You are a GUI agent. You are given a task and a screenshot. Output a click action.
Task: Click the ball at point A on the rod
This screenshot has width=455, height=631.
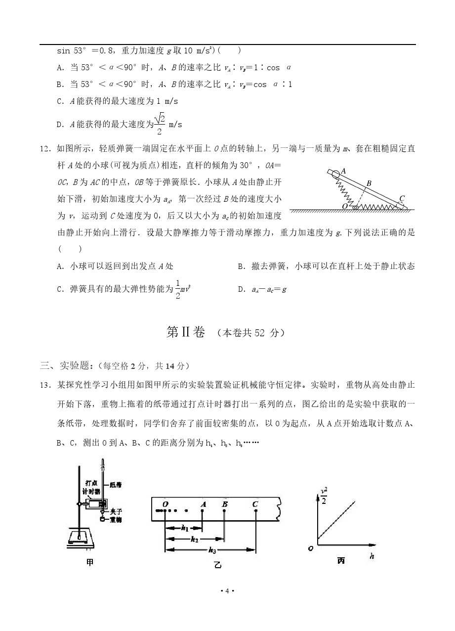[x=336, y=174]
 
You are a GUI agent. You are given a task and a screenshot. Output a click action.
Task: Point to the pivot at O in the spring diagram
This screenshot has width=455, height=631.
[x=354, y=206]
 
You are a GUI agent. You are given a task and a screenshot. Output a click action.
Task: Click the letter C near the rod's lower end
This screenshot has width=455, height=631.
[x=402, y=199]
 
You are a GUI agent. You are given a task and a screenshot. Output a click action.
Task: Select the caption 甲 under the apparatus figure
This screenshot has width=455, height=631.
[x=89, y=562]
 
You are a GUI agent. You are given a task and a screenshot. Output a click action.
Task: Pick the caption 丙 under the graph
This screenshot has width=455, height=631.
[x=341, y=561]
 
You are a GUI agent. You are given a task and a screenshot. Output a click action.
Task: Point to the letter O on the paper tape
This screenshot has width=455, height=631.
[x=165, y=504]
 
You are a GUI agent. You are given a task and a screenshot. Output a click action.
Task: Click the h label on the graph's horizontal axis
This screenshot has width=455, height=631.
[x=371, y=557]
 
